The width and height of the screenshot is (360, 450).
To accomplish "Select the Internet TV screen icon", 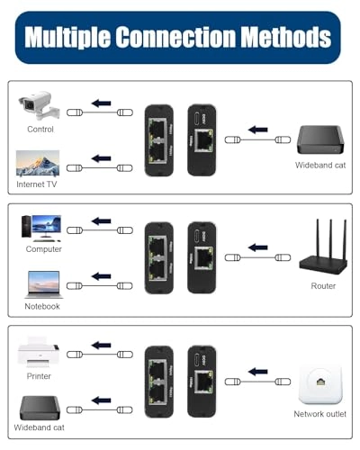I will pyautogui.click(x=38, y=164).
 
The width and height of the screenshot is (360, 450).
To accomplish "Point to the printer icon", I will pyautogui.click(x=39, y=350).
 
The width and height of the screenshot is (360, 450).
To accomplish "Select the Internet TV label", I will pyautogui.click(x=37, y=184).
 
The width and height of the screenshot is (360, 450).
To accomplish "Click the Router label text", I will pyautogui.click(x=323, y=286).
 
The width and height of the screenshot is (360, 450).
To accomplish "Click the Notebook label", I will pyautogui.click(x=42, y=306).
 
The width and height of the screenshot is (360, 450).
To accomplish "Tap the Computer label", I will pyautogui.click(x=43, y=249).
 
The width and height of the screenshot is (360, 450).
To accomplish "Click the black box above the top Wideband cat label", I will pyautogui.click(x=321, y=142).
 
